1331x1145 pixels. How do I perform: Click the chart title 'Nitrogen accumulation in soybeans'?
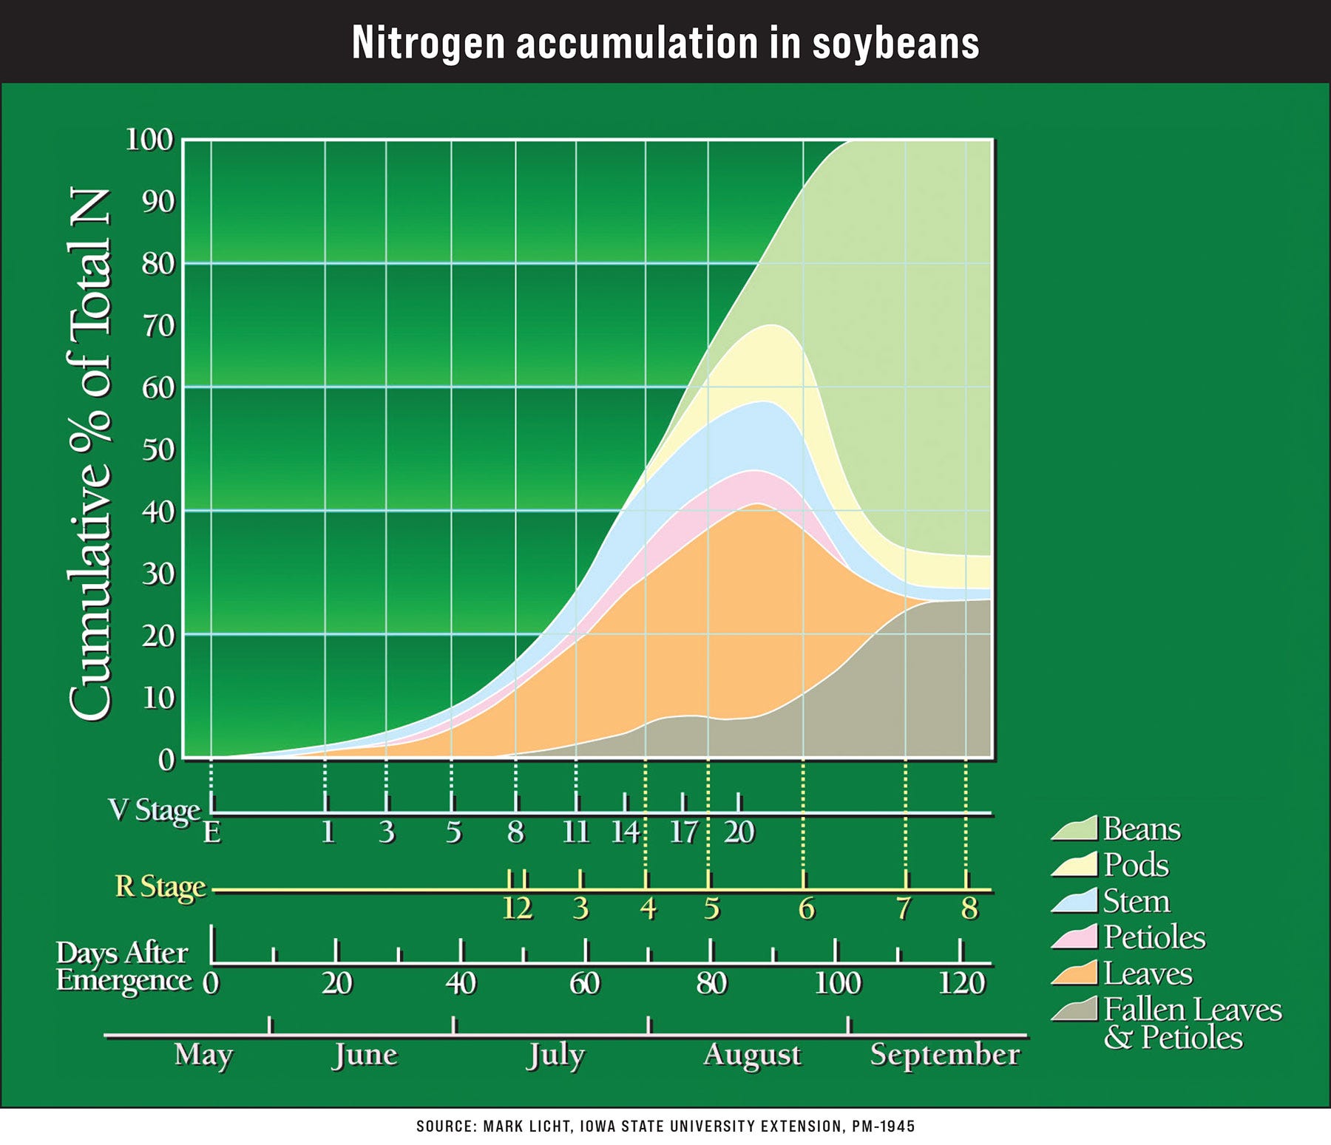665,42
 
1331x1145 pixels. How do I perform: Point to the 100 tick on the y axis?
149,139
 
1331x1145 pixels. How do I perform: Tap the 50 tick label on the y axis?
158,449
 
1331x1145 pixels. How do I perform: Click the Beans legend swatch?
1074,829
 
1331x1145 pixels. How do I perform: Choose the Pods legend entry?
1136,865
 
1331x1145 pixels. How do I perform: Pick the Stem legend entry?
1137,901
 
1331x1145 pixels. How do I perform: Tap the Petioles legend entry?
1154,937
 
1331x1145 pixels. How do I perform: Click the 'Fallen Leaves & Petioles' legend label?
1192,1023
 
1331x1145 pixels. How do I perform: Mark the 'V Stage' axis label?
154,810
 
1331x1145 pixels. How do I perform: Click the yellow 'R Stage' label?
160,887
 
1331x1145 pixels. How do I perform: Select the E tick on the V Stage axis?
212,833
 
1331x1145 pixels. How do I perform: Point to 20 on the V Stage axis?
739,833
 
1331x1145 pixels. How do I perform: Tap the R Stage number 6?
806,908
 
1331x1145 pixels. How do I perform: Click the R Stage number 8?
969,908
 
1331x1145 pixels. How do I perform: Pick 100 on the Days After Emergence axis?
837,984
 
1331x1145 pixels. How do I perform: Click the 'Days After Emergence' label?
123,967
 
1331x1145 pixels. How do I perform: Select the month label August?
752,1055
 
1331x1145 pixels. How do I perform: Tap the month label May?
203,1055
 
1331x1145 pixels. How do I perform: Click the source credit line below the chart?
665,1127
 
